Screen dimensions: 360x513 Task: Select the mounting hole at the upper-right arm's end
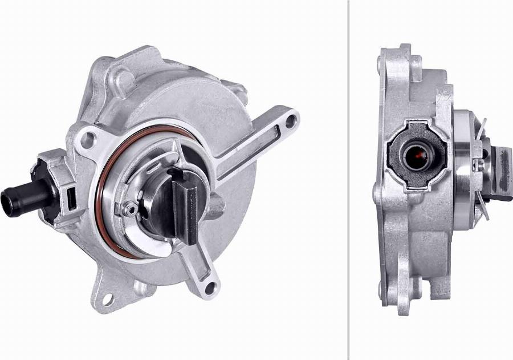coord(291,120)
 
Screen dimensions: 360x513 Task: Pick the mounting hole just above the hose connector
coord(87,139)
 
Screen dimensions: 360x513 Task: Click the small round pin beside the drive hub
coord(130,209)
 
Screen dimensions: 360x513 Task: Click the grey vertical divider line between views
coord(348,180)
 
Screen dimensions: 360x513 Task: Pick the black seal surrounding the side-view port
coord(399,171)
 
